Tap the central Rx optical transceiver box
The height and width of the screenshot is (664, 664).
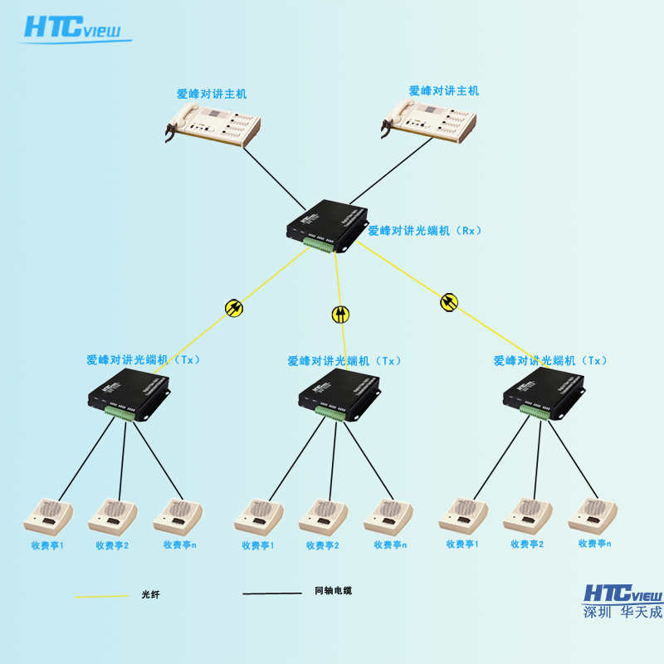click(x=326, y=224)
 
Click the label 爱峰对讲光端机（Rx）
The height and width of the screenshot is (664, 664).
click(x=425, y=231)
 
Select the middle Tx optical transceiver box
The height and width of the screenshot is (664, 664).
click(x=339, y=393)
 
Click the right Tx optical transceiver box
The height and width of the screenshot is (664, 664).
click(x=544, y=392)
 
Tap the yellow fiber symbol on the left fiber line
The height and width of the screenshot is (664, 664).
click(x=234, y=308)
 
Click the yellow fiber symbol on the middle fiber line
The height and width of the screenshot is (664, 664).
click(x=340, y=314)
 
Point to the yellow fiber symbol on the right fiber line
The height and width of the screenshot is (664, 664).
click(x=449, y=301)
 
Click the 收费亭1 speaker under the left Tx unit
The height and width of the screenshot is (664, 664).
click(x=48, y=515)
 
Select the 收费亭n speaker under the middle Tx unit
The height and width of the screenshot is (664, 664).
click(x=388, y=515)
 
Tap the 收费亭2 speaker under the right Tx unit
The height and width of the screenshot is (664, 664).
click(x=528, y=515)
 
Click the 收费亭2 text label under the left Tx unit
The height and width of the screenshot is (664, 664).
click(x=112, y=545)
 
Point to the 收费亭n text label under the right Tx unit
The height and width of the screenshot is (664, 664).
click(x=594, y=544)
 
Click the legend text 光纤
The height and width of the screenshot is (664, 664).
click(x=150, y=594)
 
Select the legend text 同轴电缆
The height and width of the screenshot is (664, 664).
click(x=333, y=591)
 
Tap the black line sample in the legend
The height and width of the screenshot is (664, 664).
click(x=271, y=593)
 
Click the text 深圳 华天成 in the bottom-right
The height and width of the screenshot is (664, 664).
click(x=622, y=613)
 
